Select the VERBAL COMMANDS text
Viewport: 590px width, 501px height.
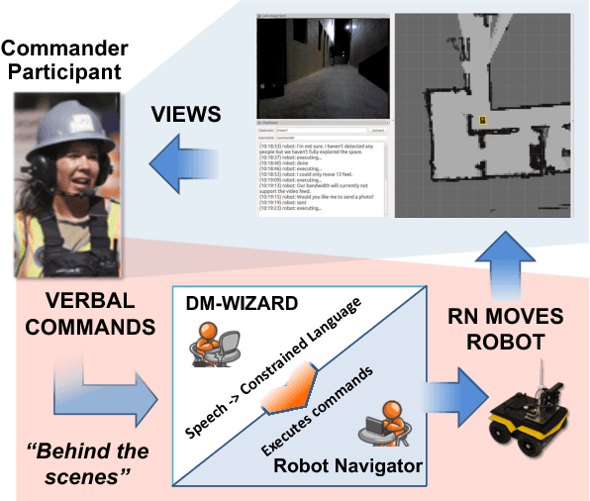(x=76, y=311)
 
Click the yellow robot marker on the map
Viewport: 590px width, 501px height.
(x=482, y=120)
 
